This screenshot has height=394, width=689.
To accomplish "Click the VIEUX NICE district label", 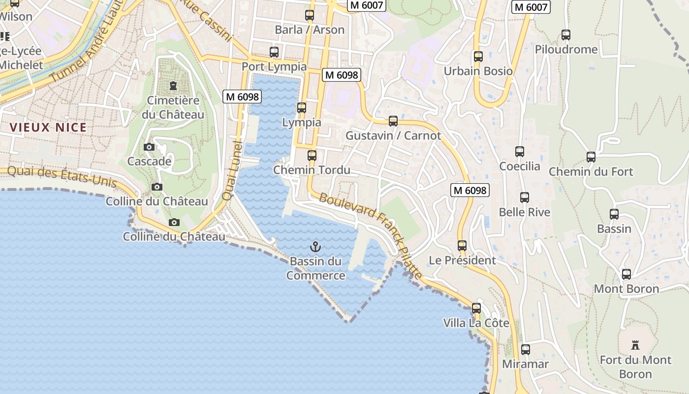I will click(x=48, y=128).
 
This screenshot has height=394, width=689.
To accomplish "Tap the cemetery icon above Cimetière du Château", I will click(x=173, y=86).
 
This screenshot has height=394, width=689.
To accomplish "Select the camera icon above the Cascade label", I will click(x=149, y=147).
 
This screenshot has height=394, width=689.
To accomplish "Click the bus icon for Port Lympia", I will click(x=274, y=52).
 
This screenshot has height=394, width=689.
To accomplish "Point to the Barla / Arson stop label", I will click(x=310, y=30).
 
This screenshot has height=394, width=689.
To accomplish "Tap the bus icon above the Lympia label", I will click(x=302, y=107).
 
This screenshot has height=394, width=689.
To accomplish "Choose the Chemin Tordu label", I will click(x=312, y=170).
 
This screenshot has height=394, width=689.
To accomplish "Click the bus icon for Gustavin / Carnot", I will click(x=393, y=121).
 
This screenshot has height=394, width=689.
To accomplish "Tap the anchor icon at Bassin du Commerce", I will click(x=315, y=246).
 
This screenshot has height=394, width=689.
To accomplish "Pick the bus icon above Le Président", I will click(x=462, y=245).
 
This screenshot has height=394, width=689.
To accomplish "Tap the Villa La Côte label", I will click(x=476, y=323).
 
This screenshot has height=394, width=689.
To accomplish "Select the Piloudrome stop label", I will click(x=566, y=49).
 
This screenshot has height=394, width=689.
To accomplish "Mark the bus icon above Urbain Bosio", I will click(x=478, y=56).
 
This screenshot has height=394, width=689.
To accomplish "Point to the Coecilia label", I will click(x=520, y=166).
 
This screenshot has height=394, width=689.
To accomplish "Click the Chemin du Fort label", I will click(x=591, y=171).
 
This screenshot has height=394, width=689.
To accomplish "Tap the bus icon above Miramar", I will click(x=526, y=350).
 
